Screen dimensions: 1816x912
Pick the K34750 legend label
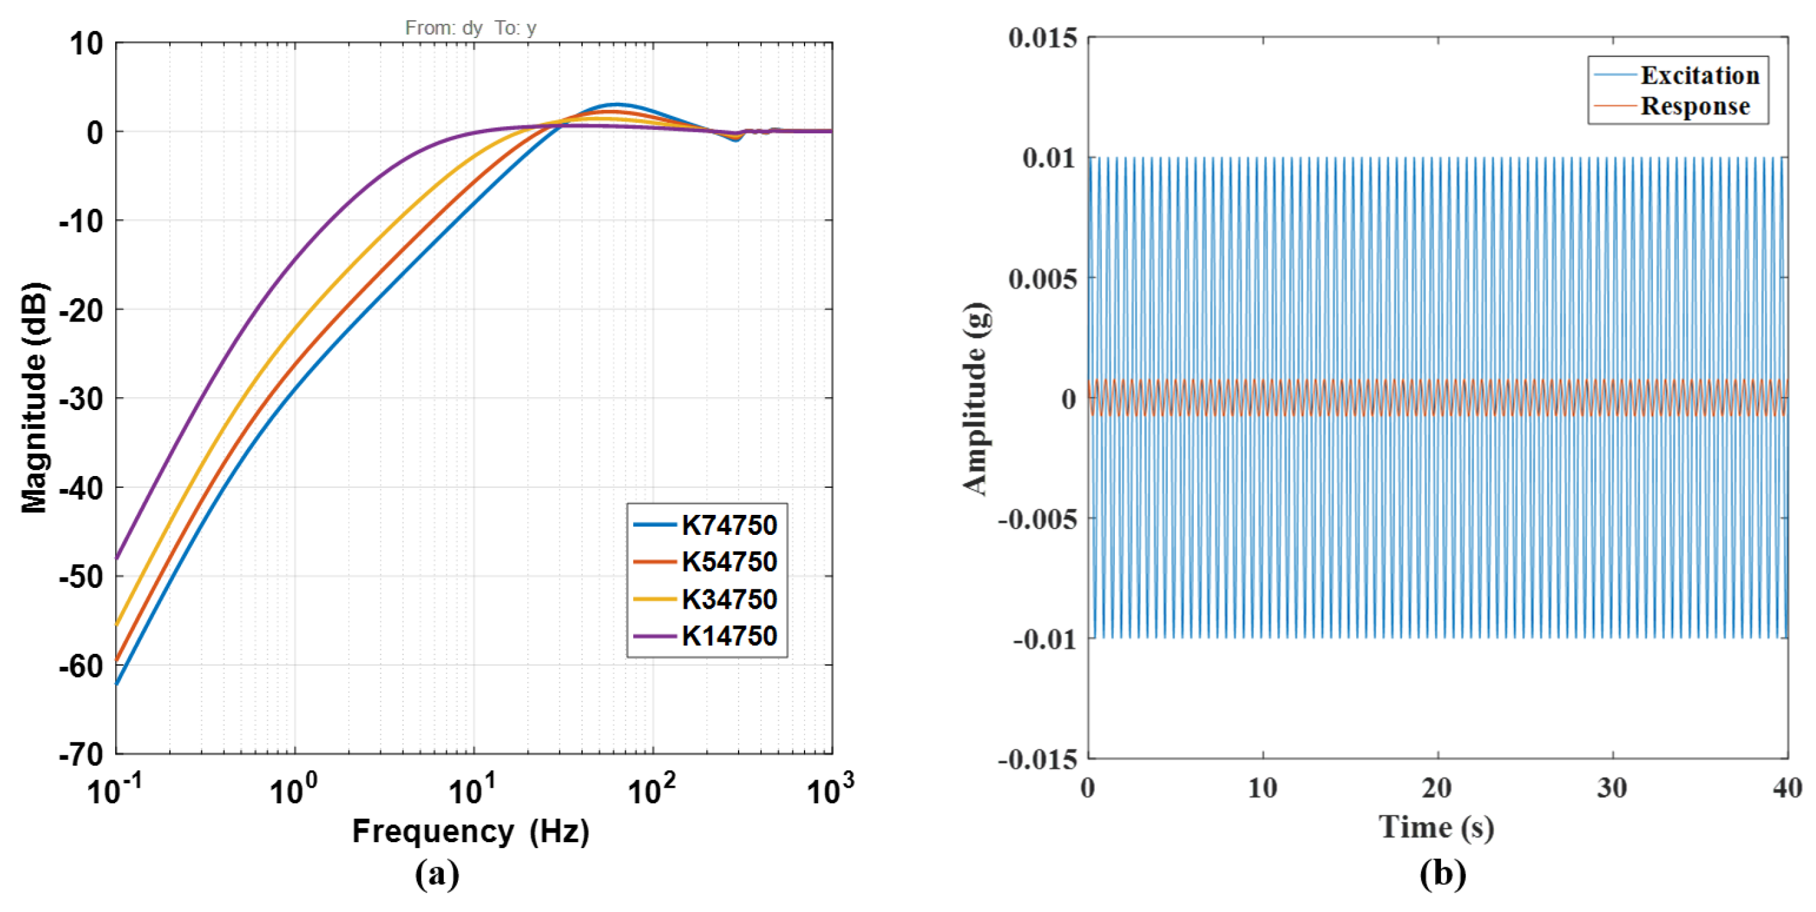pos(729,599)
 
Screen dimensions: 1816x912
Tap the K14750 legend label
pos(729,636)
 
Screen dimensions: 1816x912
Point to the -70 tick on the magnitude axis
pos(80,755)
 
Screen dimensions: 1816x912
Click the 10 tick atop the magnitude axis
pos(86,44)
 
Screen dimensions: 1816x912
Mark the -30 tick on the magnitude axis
pos(80,399)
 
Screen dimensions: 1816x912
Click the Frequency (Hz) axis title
pos(471,832)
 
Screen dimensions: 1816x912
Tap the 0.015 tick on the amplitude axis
pos(1043,38)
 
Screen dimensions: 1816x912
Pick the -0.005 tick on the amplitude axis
pos(1038,519)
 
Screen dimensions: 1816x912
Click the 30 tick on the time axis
pos(1612,788)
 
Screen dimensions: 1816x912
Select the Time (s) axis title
pos(1437,827)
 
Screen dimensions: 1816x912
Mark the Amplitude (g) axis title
pos(976,399)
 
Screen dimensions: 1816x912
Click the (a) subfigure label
pos(437,874)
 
